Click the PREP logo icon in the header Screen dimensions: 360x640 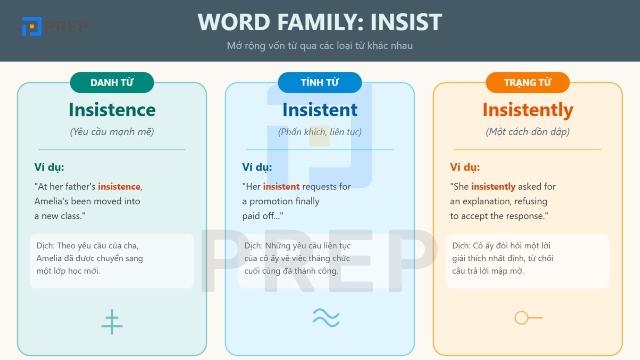point(32,26)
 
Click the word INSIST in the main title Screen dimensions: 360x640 point(406,22)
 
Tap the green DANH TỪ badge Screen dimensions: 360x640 point(112,82)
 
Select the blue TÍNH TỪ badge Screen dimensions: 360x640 point(320,82)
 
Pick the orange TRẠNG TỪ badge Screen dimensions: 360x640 point(528,82)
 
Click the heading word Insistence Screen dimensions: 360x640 point(112,110)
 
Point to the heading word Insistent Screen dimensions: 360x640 point(320,110)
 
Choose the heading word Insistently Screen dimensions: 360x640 point(528,110)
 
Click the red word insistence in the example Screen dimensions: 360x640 point(119,187)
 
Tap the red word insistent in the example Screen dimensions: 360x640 point(281,187)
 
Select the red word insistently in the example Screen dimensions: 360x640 point(493,187)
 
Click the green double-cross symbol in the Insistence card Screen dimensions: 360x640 point(112,322)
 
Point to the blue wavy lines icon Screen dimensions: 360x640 point(326,318)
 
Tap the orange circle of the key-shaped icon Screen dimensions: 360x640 point(521,318)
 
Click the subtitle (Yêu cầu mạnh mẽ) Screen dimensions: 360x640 point(112,132)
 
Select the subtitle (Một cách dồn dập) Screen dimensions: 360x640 point(528,132)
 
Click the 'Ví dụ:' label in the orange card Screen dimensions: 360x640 point(465,167)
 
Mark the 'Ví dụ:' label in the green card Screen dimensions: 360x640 point(49,167)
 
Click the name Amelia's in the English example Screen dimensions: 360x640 point(51,201)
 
